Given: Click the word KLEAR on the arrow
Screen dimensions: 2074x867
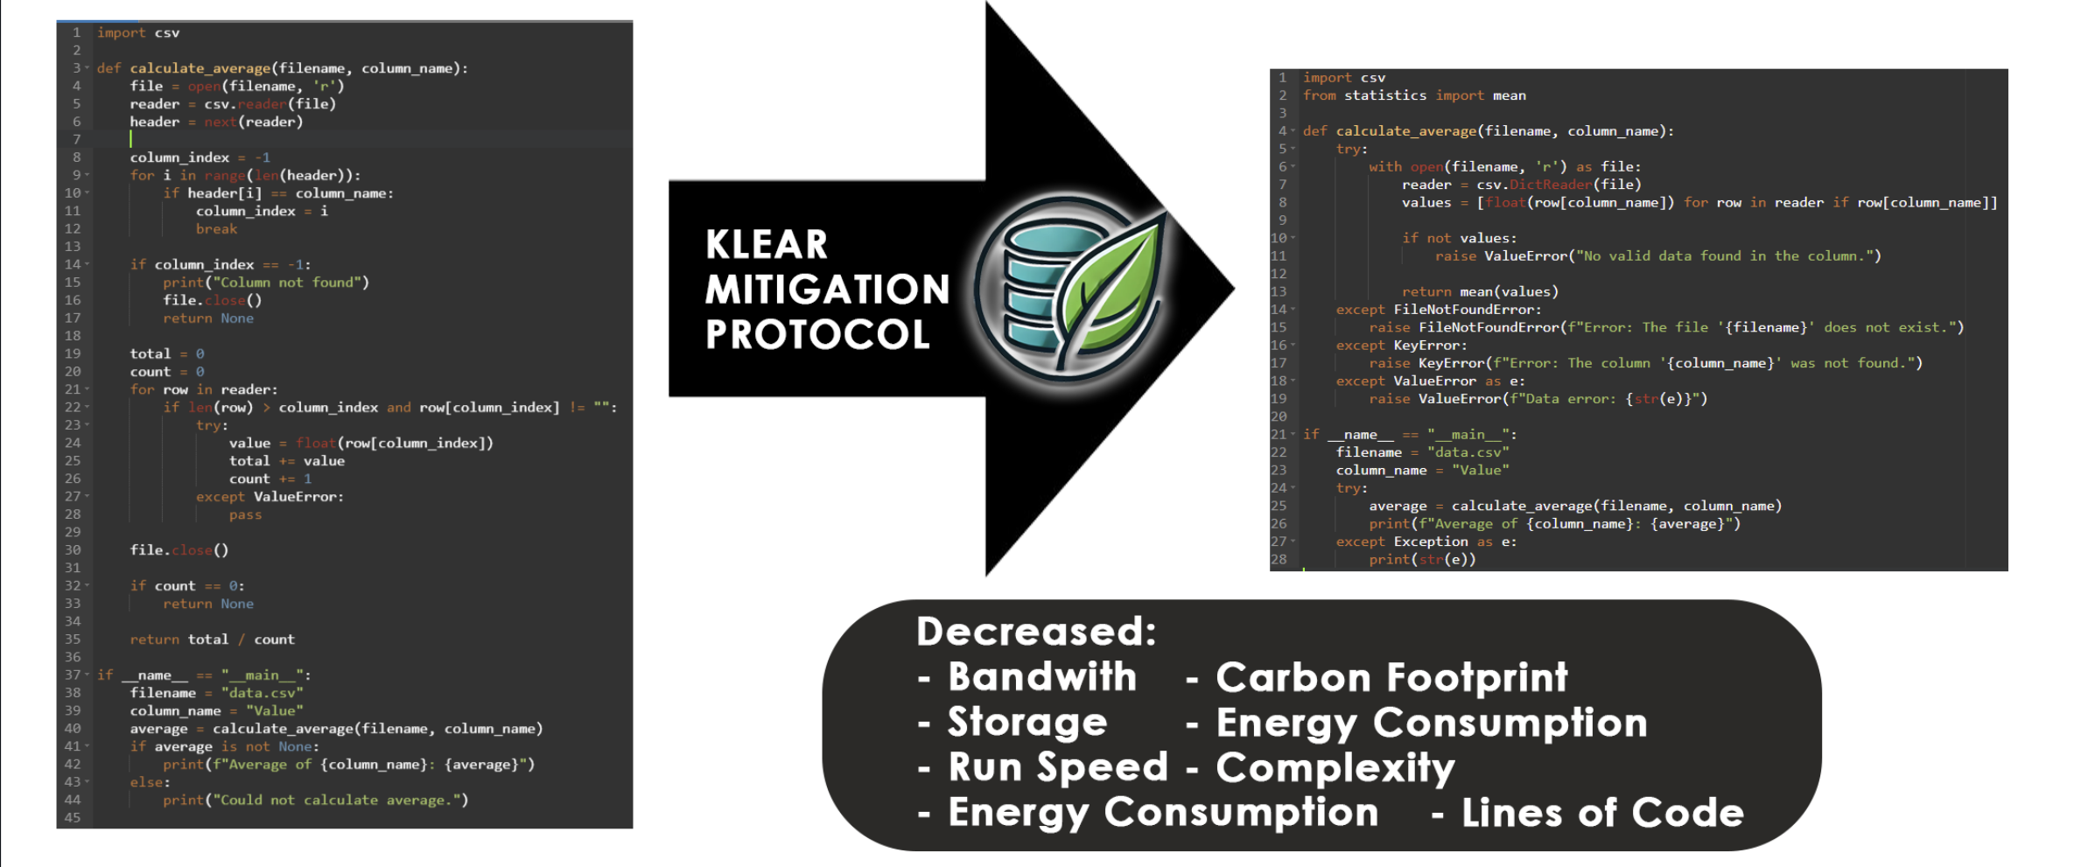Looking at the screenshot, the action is click(767, 244).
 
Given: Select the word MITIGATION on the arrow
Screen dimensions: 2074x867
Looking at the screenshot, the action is click(827, 290).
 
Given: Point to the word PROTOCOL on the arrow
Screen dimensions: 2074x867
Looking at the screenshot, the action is click(817, 334).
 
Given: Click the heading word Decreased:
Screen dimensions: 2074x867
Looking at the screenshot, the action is click(1036, 631).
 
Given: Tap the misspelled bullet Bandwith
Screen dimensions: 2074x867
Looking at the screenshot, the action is click(1042, 676).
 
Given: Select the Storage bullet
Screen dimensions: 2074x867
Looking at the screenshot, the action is click(1027, 722).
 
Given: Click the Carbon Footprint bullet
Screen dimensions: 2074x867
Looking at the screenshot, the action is click(1391, 677).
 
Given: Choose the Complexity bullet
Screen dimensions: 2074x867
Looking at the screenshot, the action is click(1335, 768).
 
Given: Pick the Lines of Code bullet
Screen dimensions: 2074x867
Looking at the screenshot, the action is click(1602, 813).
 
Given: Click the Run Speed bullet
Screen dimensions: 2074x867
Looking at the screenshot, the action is click(1058, 767).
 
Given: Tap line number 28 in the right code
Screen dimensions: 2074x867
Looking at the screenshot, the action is click(1279, 559).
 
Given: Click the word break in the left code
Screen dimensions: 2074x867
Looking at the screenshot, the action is click(216, 229).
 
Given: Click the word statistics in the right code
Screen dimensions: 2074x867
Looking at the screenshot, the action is click(1385, 95).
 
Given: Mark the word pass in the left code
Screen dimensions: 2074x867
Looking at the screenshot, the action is click(245, 514).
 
